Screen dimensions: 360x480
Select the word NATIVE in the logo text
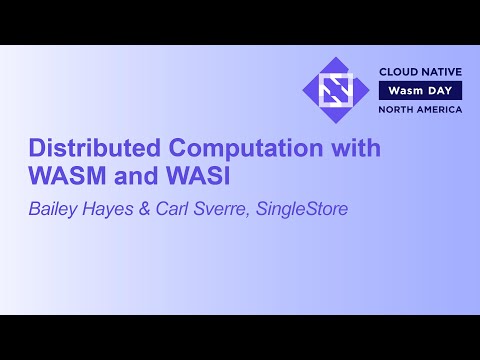(x=440, y=73)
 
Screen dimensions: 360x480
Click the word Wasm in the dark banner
(x=403, y=91)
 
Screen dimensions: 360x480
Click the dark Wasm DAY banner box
(x=420, y=91)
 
